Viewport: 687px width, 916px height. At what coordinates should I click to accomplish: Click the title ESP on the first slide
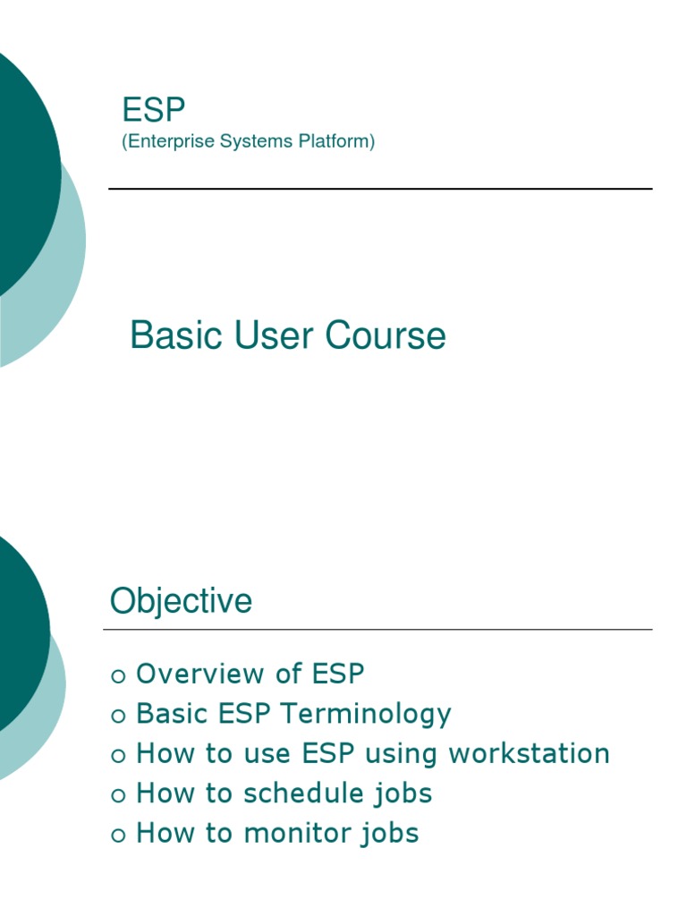point(154,111)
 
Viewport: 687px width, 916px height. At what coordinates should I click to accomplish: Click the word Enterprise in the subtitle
point(163,141)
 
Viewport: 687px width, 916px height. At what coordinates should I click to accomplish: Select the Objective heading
point(181,601)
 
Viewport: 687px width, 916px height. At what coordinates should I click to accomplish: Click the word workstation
point(529,753)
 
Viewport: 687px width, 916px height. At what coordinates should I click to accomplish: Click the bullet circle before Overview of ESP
point(118,676)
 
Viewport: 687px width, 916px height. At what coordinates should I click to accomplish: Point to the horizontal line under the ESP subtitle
point(380,189)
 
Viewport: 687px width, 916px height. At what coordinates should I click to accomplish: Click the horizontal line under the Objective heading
point(377,630)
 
